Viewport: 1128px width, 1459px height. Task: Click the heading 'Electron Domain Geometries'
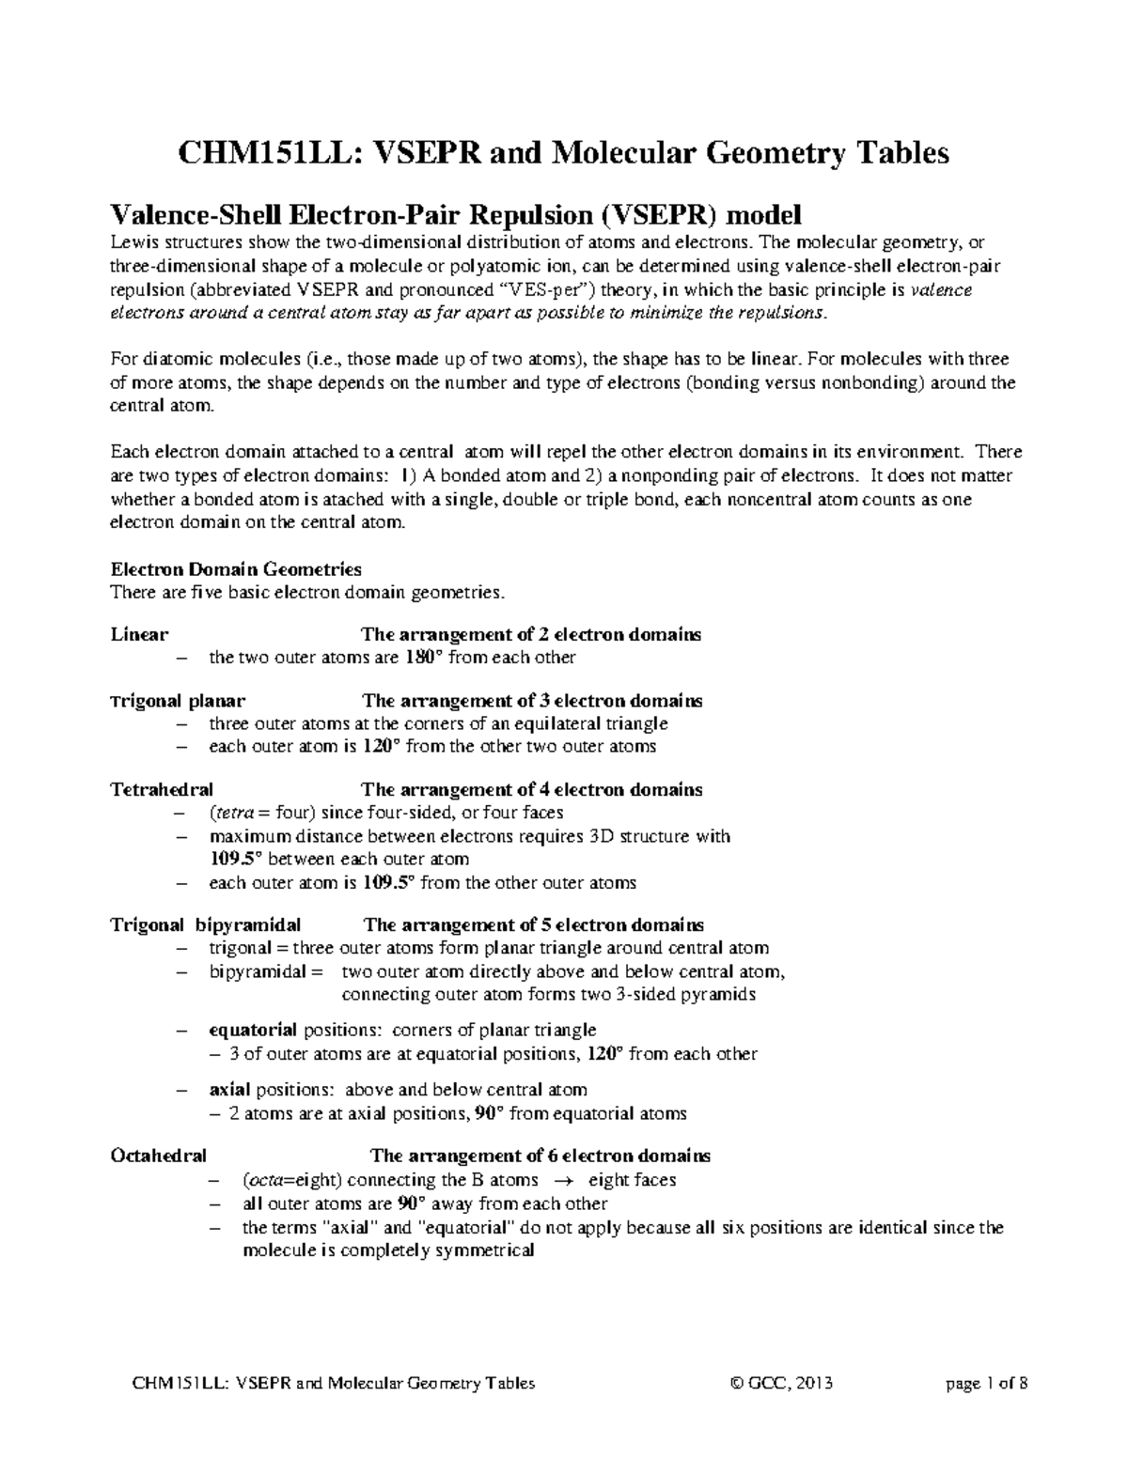(236, 569)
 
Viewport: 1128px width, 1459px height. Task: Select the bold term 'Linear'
(140, 634)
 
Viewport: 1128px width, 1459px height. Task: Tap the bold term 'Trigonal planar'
(179, 701)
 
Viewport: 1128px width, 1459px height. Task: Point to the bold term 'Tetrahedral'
(162, 790)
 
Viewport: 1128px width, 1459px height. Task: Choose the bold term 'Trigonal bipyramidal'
(206, 924)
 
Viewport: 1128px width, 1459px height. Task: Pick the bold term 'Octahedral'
(159, 1156)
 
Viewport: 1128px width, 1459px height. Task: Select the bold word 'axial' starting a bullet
(229, 1090)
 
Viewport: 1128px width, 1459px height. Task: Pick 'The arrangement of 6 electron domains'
(540, 1156)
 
